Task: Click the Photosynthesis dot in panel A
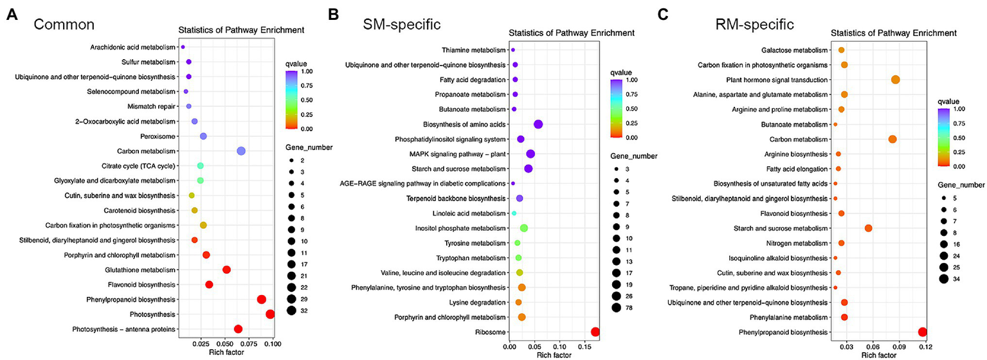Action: point(270,314)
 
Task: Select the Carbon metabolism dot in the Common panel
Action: point(241,151)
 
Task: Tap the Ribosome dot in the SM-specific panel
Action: point(595,332)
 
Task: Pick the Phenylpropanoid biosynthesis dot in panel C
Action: point(923,332)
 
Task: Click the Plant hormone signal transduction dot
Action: point(896,80)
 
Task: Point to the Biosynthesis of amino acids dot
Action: point(538,124)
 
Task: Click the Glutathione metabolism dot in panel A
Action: point(226,270)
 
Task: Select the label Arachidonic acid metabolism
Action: point(132,47)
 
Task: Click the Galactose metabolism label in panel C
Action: point(797,50)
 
